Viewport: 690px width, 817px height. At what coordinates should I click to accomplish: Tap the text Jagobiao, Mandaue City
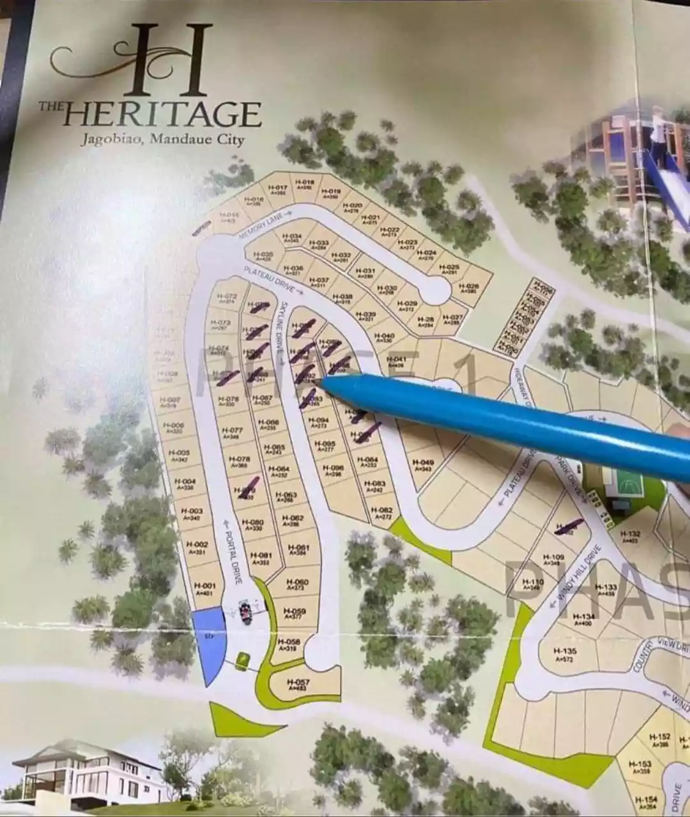(x=162, y=139)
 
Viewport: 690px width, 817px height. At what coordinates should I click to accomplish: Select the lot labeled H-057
(x=298, y=685)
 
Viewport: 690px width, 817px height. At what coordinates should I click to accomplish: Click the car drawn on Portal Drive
(x=246, y=611)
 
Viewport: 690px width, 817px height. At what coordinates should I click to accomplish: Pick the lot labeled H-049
(x=423, y=464)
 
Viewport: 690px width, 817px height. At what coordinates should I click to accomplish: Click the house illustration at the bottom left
(x=89, y=774)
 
